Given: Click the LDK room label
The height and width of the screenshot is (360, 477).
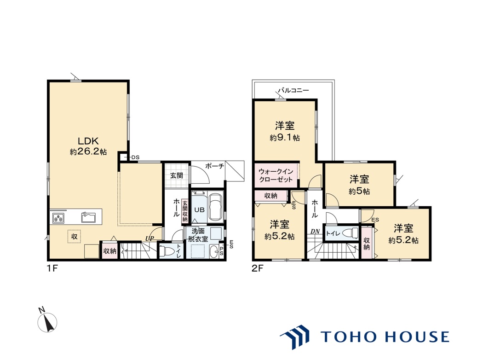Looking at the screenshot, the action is coord(88,141).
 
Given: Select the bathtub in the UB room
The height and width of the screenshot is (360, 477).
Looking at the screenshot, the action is coord(216,208).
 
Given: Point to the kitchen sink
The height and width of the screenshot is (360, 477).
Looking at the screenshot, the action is coord(88,217).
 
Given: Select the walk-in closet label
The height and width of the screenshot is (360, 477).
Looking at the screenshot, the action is coord(276,175).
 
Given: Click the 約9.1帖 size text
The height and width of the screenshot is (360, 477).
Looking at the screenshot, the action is coord(284,138).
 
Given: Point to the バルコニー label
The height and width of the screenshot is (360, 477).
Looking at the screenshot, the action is coord(293,90).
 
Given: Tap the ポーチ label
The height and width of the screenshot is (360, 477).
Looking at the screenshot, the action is coord(214,166).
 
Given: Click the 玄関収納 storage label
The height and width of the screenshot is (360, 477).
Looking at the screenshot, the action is coord(185,211).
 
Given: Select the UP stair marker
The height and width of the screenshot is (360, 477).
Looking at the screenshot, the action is coord(149,238).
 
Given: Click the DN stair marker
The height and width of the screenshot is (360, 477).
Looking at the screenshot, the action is coord(315,232).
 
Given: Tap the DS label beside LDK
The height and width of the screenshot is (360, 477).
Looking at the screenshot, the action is coord(135,157).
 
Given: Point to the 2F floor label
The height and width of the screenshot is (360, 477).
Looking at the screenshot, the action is coord(257,268).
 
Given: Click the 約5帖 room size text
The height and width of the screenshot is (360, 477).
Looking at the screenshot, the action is coord(359,191).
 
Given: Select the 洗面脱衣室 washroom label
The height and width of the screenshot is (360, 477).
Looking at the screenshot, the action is coord(198,235).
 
